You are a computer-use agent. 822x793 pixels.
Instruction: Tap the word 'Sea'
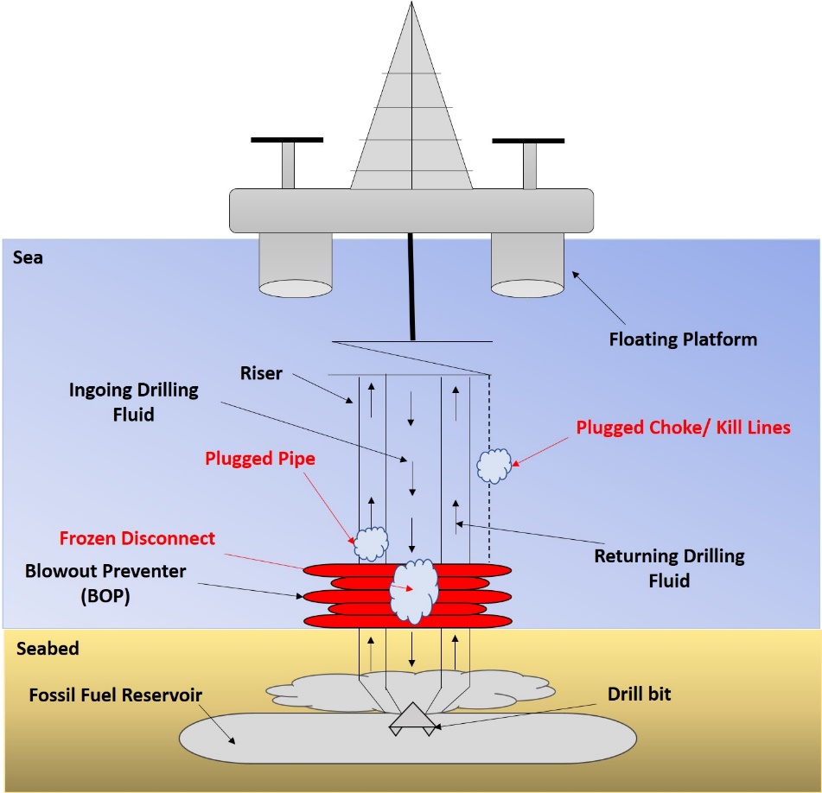[28, 257]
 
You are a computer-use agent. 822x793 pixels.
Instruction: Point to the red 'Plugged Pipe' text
[260, 460]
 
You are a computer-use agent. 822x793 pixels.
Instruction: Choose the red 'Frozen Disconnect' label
[137, 538]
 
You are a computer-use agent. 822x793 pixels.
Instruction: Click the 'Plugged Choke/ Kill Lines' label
[683, 427]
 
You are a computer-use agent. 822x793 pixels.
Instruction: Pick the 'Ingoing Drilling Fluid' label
[134, 402]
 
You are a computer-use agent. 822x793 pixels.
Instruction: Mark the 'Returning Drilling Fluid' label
[669, 568]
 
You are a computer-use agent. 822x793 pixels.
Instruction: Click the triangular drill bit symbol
[411, 717]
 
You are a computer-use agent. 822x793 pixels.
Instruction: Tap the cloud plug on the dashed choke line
[494, 465]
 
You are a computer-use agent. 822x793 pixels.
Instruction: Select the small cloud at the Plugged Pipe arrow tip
[371, 544]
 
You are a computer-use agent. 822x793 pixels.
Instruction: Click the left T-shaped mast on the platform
[287, 160]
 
